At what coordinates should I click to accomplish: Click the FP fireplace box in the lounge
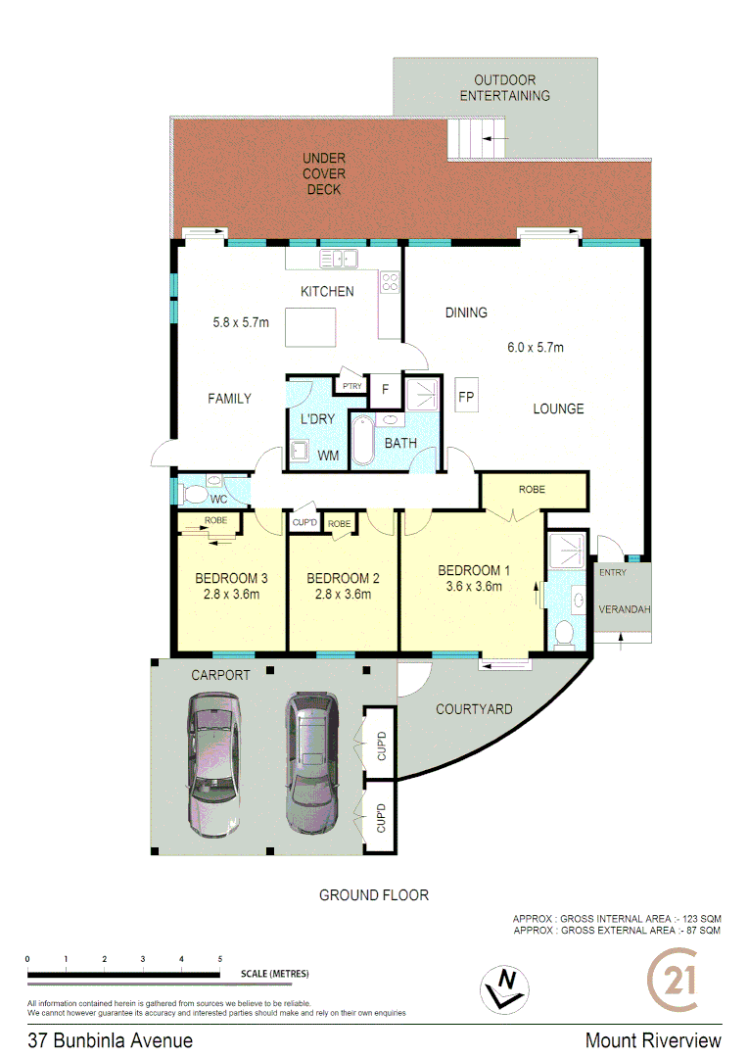[467, 397]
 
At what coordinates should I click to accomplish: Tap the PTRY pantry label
[351, 386]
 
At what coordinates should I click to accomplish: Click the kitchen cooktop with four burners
[390, 282]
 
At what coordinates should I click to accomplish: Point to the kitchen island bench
[310, 327]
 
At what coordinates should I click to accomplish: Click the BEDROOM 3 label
[231, 577]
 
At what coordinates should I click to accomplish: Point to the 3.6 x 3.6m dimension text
[474, 588]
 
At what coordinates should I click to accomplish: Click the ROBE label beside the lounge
[532, 489]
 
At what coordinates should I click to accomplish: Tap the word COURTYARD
[474, 709]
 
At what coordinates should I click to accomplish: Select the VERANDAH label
[624, 609]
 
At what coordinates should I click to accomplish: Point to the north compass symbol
[505, 988]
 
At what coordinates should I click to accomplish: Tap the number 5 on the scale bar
[220, 958]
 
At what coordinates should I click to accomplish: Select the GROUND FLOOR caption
[374, 894]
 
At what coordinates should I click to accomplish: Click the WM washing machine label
[328, 456]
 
